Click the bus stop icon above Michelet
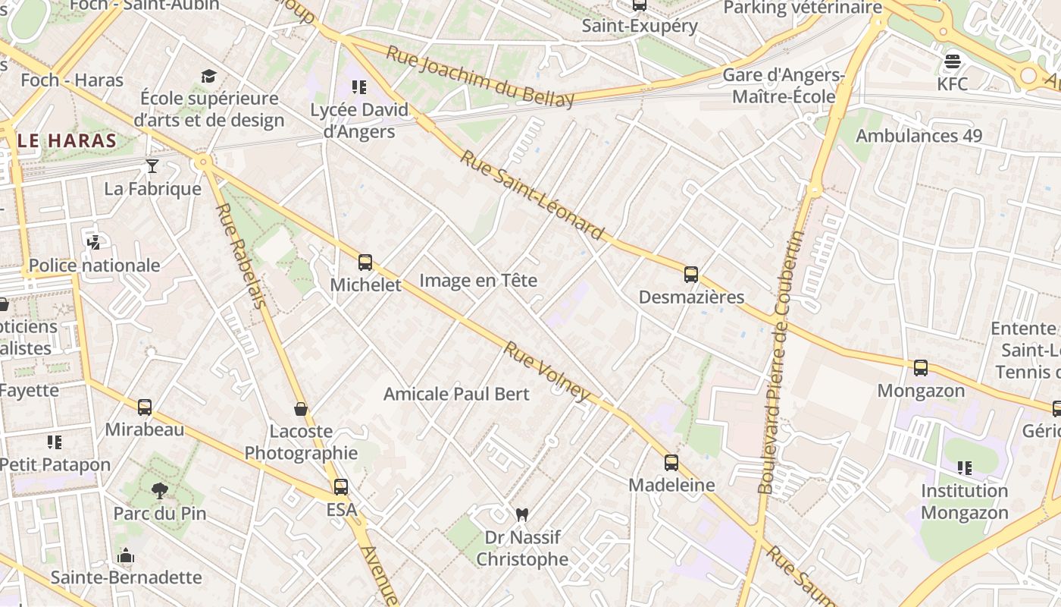point(365,263)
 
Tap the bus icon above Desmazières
point(690,275)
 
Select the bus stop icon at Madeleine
point(671,463)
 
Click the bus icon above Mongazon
point(921,368)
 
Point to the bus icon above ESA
point(341,487)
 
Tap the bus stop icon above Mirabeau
point(145,407)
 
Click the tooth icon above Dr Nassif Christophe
point(521,514)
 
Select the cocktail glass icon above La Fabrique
point(152,166)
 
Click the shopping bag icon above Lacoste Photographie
point(301,410)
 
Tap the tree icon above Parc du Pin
point(159,491)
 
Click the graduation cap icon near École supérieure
point(208,76)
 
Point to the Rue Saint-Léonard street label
point(533,196)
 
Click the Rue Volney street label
point(546,371)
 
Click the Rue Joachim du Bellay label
point(480,76)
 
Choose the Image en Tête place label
point(478,280)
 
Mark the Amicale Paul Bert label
point(456,394)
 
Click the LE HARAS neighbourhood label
point(67,140)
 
